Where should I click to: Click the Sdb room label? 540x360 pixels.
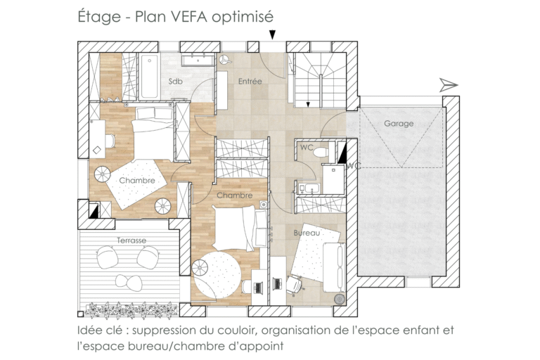click(176, 82)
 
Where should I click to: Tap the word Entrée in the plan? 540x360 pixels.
click(250, 82)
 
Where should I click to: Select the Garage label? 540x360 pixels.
click(399, 124)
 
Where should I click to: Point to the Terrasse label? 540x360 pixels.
click(131, 240)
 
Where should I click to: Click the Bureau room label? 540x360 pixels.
click(307, 232)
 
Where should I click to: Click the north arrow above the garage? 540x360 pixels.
click(448, 85)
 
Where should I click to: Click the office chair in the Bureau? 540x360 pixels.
click(294, 285)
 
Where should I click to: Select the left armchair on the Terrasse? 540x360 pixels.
click(108, 258)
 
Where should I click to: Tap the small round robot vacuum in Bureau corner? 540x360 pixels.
click(340, 298)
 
